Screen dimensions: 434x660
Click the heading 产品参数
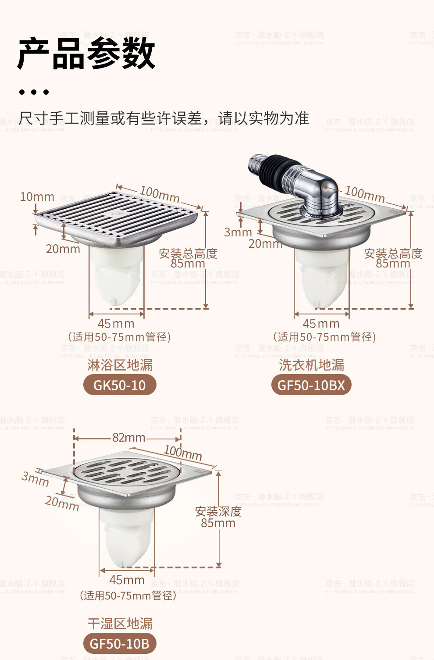86,54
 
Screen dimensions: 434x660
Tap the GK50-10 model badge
119,385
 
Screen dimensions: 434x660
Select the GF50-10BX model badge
311,385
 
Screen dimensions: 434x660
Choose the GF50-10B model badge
119,643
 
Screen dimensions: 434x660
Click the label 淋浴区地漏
120,364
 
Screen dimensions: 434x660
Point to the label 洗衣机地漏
311,364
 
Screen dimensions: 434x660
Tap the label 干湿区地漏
120,623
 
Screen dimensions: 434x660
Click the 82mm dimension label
128,437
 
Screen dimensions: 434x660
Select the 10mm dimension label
37,196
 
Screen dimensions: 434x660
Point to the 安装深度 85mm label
218,517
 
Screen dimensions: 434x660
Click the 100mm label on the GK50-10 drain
160,194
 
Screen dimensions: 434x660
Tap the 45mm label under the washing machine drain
321,324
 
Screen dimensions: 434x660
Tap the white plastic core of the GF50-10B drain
125,537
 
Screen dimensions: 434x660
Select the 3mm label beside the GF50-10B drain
35,478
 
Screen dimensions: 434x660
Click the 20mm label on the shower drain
63,249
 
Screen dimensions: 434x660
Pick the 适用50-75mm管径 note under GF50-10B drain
128,595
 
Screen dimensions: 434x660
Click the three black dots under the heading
34,92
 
